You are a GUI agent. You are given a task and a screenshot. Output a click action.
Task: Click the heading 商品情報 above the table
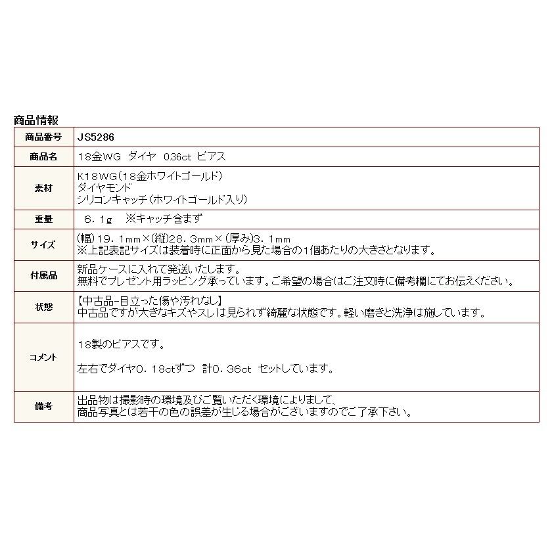36,120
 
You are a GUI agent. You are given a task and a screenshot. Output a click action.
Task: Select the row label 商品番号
44,137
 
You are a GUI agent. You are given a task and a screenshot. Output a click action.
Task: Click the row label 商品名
44,156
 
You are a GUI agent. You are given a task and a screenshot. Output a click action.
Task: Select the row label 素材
44,188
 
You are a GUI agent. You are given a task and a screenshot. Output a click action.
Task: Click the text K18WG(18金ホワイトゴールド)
150,176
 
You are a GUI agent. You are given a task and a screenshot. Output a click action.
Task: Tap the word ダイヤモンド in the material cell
104,188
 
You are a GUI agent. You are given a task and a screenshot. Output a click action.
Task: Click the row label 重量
44,219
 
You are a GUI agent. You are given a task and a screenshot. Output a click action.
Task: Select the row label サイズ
44,244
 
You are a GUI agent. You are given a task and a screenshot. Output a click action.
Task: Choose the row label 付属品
44,276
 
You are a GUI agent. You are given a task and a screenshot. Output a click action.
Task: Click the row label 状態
44,307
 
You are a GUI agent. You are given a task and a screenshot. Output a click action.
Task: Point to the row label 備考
44,407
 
